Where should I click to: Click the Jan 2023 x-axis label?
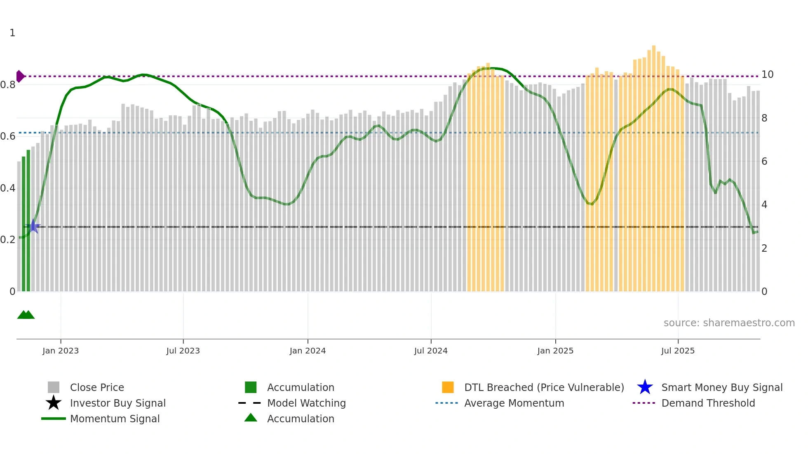(60, 351)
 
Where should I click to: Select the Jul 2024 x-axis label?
(431, 351)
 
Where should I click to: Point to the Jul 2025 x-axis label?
(678, 351)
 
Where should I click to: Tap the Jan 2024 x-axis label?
(308, 351)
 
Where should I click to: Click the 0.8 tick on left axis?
(8, 85)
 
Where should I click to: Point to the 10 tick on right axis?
(767, 75)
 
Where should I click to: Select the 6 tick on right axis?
(764, 161)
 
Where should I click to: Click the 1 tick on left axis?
(12, 33)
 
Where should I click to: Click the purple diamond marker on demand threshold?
(20, 76)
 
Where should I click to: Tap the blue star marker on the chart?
(33, 226)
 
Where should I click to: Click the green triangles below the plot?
(26, 315)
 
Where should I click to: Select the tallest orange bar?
(654, 165)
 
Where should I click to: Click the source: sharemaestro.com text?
(729, 323)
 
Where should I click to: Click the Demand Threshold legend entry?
(708, 403)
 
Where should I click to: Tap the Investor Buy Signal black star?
(54, 403)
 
